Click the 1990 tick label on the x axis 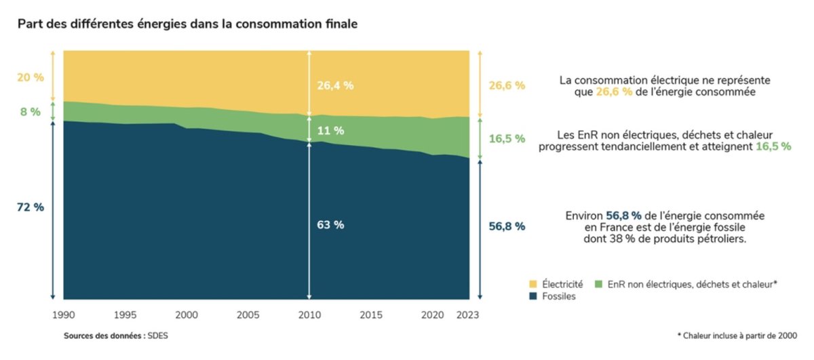(63, 315)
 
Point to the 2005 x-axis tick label (247, 315)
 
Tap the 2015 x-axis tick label (370, 315)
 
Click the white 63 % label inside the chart (330, 225)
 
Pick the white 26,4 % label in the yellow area (335, 85)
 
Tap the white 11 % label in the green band (330, 130)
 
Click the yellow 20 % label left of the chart (30, 77)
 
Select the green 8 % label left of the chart (30, 112)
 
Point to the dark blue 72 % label (30, 207)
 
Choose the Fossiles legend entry (558, 297)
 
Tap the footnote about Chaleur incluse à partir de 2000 (737, 336)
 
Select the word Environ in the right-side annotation (583, 215)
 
